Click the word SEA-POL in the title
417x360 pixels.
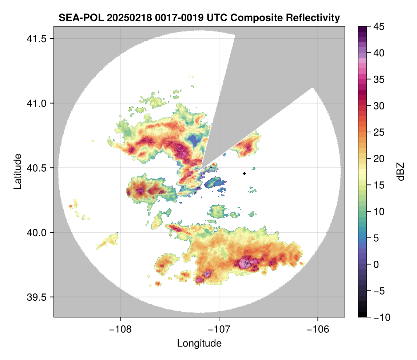pyautogui.click(x=78, y=17)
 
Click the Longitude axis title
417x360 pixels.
pyautogui.click(x=199, y=343)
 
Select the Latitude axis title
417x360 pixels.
pyautogui.click(x=17, y=171)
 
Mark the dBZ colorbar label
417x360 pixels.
pyautogui.click(x=401, y=171)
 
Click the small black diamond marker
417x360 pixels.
pyautogui.click(x=244, y=173)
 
